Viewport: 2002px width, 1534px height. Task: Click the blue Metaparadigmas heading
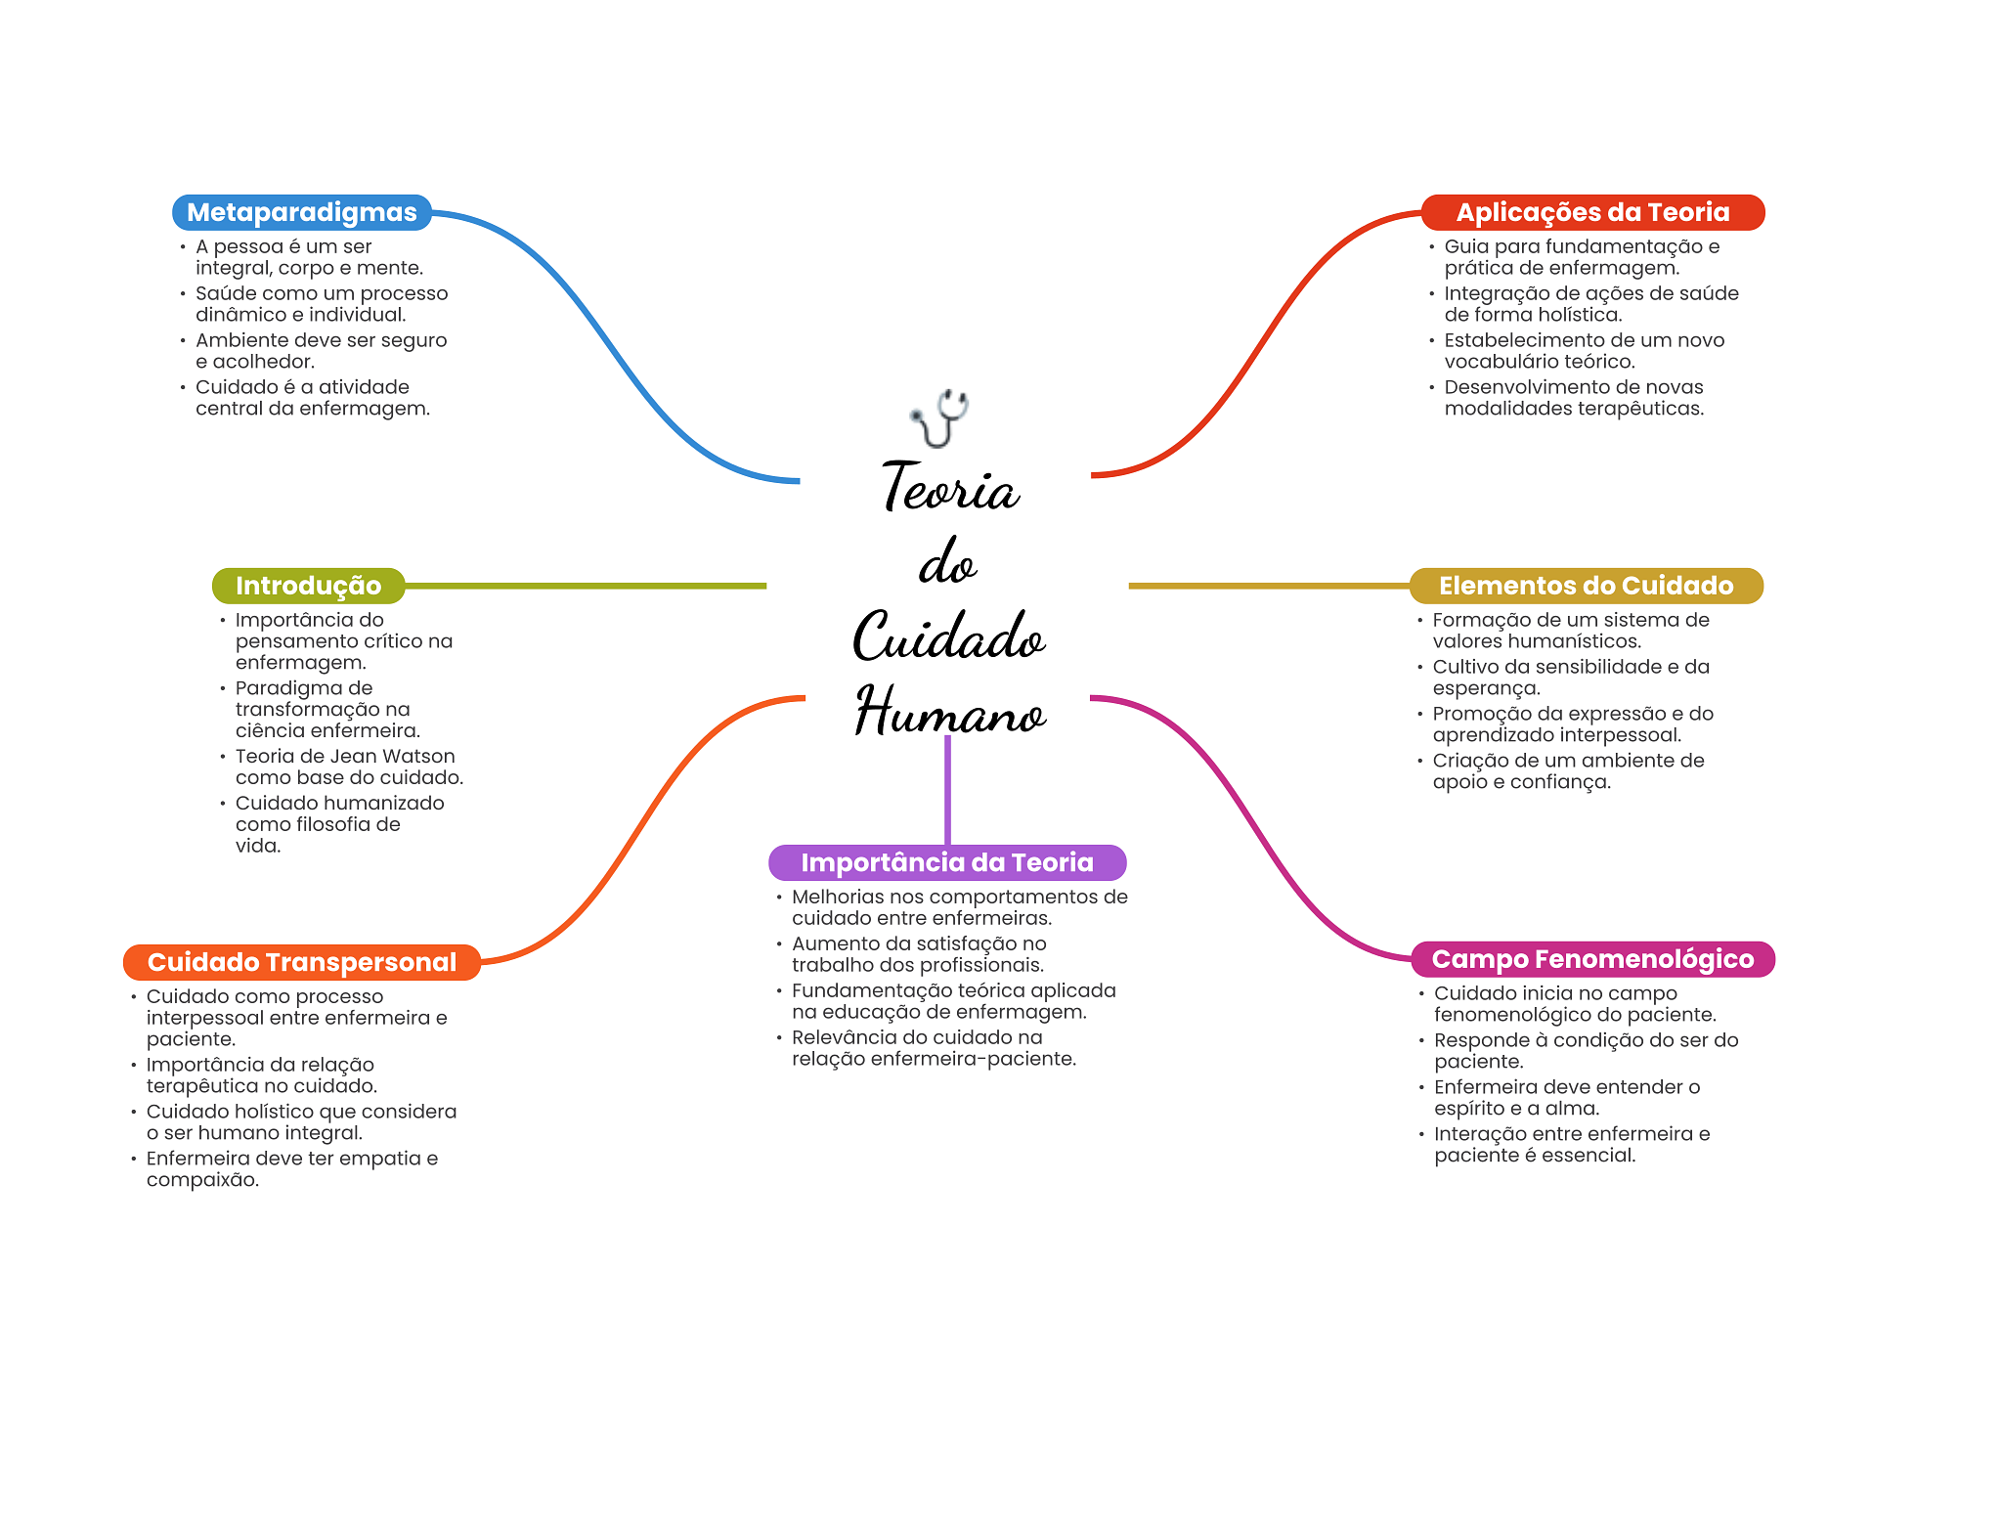tap(301, 212)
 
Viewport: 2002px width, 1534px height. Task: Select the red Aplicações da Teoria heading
tap(1591, 212)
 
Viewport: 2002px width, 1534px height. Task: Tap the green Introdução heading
tap(308, 586)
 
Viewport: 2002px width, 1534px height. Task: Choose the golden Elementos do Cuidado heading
tap(1585, 586)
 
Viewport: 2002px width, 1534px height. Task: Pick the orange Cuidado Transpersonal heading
tap(301, 962)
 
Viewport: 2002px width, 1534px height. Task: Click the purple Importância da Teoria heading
tap(946, 862)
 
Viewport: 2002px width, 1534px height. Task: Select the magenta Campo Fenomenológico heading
tap(1591, 959)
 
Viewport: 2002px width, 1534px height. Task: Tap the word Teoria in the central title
tap(950, 488)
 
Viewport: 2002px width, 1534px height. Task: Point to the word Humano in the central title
tap(950, 711)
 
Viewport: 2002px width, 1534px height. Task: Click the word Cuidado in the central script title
tap(948, 636)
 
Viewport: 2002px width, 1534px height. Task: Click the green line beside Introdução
tap(587, 586)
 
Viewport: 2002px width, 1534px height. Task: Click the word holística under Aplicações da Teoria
tap(1580, 315)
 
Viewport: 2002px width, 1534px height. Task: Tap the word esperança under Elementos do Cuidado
tap(1485, 688)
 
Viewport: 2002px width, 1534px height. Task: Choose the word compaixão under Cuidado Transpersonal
tap(202, 1180)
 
